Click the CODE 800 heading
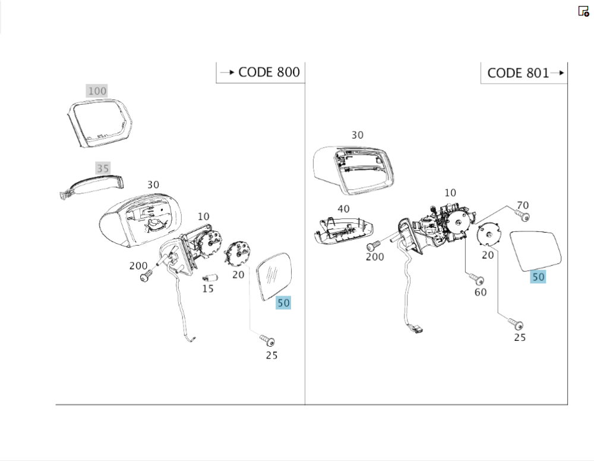[x=268, y=73]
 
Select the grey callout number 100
[x=96, y=91]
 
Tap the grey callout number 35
[x=103, y=169]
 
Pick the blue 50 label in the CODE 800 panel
[x=283, y=303]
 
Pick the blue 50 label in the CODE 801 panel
[x=538, y=277]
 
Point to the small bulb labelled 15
[x=208, y=278]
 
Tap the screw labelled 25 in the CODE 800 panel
[x=268, y=341]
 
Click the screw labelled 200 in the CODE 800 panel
[x=146, y=277]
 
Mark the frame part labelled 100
[x=99, y=123]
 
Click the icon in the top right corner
[x=583, y=11]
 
